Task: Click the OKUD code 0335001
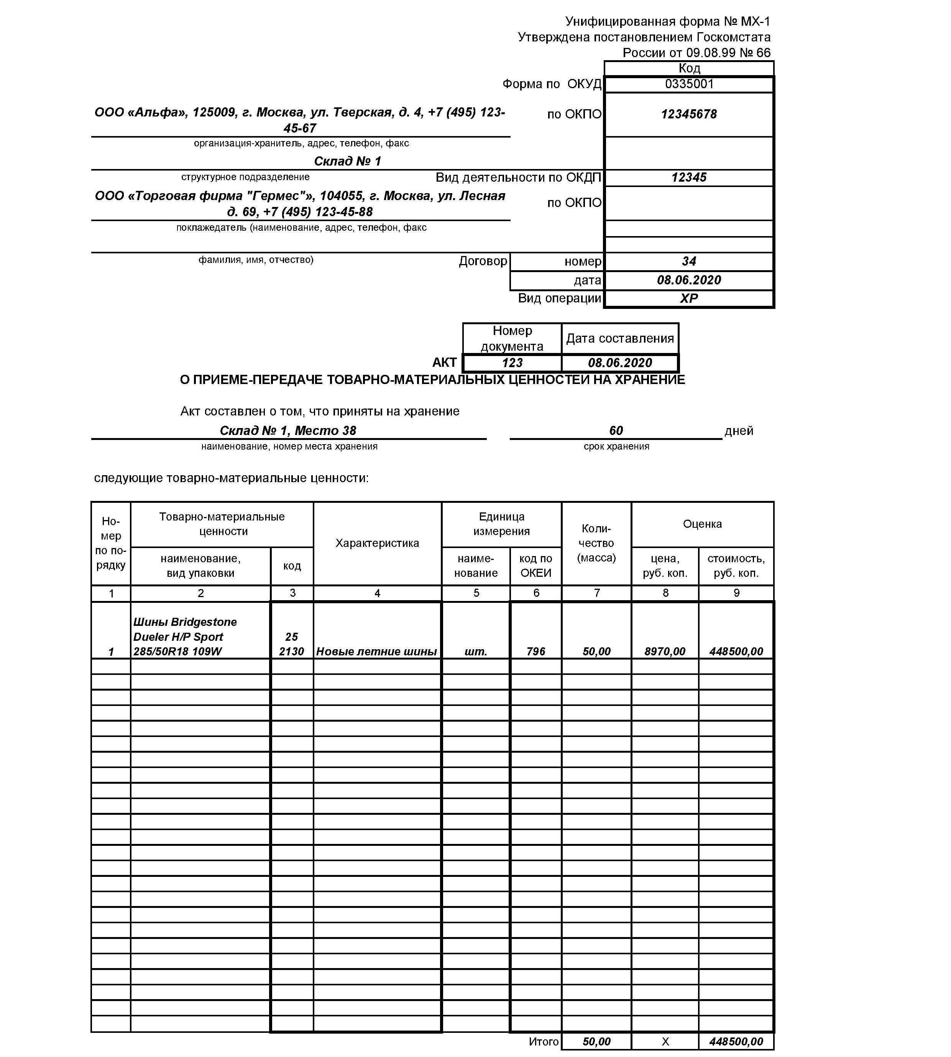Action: click(689, 84)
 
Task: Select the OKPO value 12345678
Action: click(689, 115)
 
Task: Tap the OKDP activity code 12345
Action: click(689, 178)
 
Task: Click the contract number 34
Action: click(689, 261)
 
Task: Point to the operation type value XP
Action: click(689, 298)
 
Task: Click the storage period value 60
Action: click(616, 430)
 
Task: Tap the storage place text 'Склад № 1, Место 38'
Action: click(288, 430)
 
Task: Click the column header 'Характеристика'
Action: click(377, 543)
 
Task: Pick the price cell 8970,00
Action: click(665, 652)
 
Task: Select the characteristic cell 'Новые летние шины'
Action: click(377, 652)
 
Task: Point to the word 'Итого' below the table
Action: click(544, 1041)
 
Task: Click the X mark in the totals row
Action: click(665, 1042)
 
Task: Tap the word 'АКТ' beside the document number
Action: click(445, 363)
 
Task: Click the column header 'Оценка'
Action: click(702, 524)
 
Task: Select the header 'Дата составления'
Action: click(620, 338)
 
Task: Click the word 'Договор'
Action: click(483, 261)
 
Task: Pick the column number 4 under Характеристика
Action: click(377, 593)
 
